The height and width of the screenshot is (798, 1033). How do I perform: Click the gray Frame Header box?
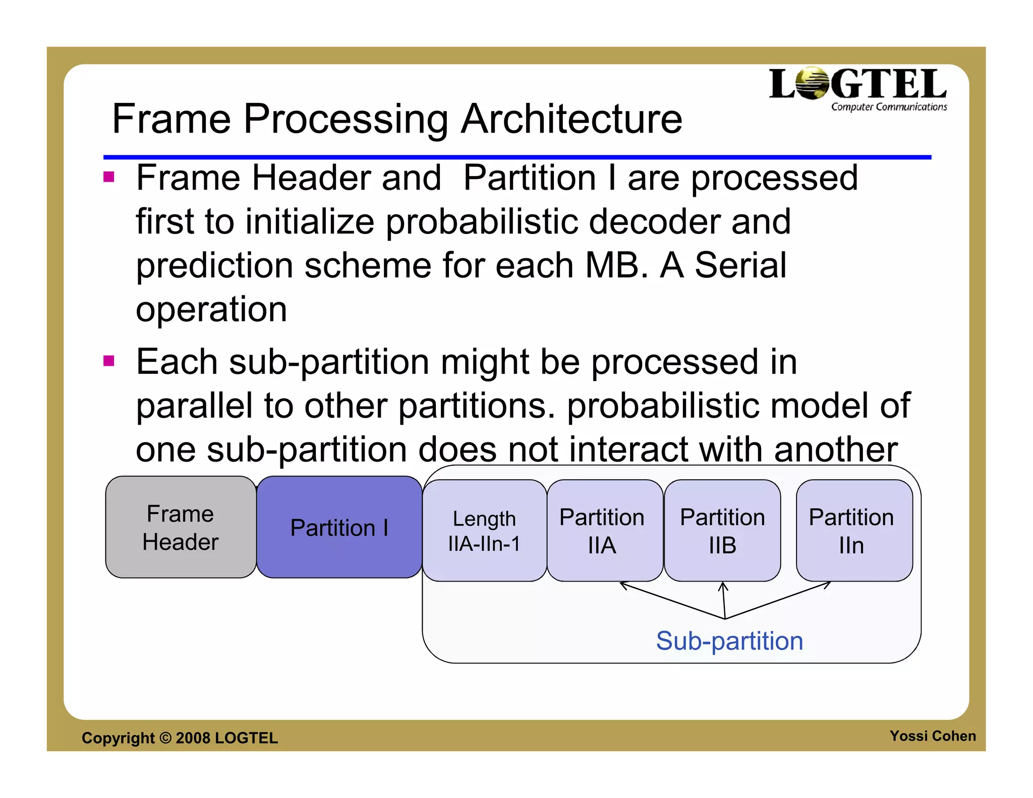[181, 527]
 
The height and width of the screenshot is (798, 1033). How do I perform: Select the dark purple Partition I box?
[339, 527]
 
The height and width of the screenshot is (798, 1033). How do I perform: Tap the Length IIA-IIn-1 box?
[484, 531]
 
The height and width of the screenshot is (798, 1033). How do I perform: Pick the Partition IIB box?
[722, 531]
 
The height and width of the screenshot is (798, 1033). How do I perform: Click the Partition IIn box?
[853, 531]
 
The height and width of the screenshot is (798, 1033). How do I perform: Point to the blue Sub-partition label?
[729, 641]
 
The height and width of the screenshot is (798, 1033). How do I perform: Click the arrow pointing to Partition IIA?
[671, 600]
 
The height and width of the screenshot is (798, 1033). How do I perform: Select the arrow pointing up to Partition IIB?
[724, 600]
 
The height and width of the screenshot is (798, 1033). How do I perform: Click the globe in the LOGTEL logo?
[813, 84]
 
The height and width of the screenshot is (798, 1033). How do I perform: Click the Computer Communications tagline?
[889, 107]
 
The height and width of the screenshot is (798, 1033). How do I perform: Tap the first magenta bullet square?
[108, 177]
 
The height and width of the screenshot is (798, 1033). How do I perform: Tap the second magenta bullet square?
[108, 361]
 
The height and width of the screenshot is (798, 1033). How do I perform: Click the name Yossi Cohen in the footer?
[932, 736]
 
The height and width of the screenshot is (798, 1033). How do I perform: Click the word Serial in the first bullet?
[740, 265]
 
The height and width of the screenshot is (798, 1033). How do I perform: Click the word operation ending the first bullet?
[211, 309]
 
